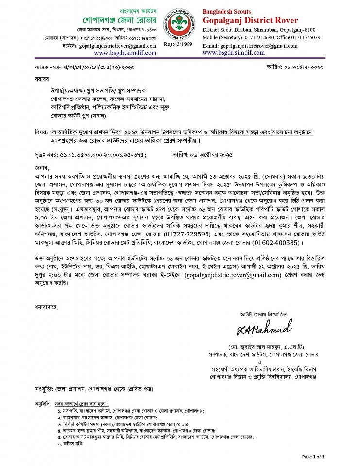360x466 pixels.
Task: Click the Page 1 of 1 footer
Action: (x=313, y=457)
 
